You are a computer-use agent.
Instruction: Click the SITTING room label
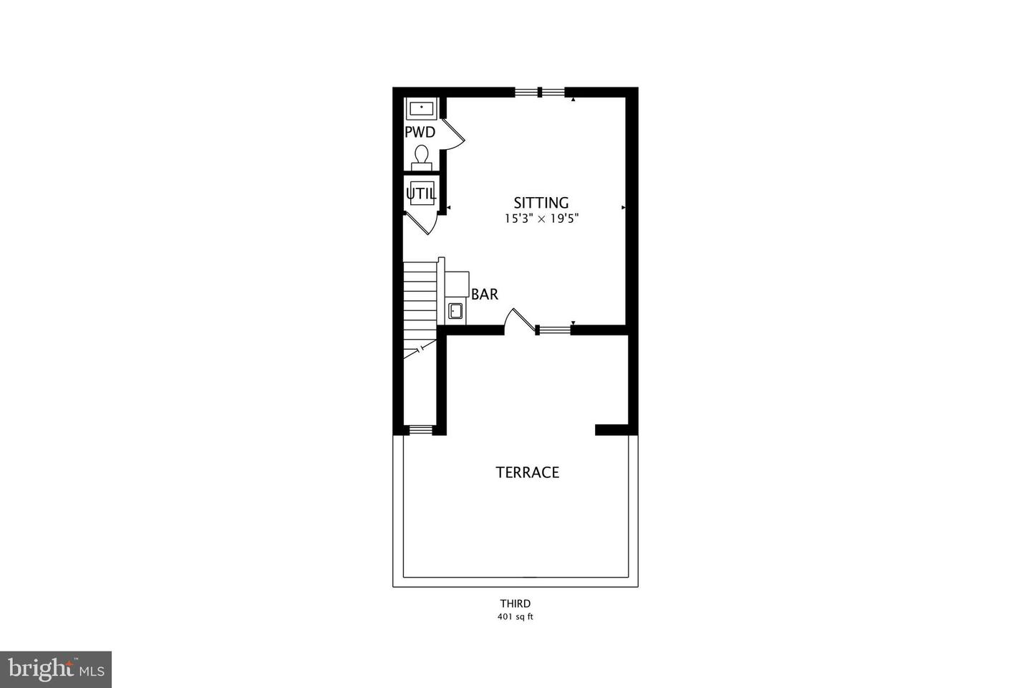(x=541, y=203)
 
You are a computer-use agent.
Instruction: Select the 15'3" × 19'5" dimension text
(x=541, y=219)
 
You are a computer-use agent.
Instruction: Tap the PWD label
(x=420, y=133)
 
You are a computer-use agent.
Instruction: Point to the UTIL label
(x=420, y=193)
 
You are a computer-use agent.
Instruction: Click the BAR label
(x=485, y=295)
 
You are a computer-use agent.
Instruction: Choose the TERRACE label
(x=528, y=472)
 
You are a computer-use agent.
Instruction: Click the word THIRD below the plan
(x=515, y=604)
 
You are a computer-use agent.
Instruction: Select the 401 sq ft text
(x=515, y=617)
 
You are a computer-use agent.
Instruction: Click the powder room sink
(x=422, y=109)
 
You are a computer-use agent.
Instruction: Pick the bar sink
(x=455, y=310)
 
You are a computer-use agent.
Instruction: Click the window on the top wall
(x=541, y=92)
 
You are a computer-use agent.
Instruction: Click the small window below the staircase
(x=420, y=430)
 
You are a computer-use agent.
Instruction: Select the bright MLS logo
(x=56, y=669)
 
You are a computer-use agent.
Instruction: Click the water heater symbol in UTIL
(x=421, y=193)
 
